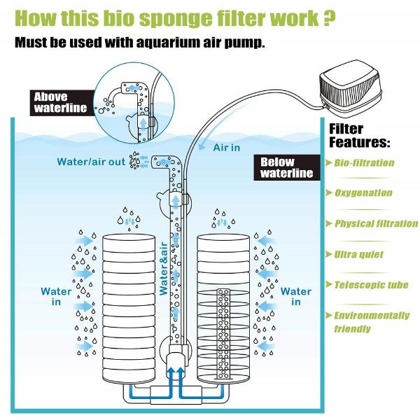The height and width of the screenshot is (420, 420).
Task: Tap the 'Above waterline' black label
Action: (x=61, y=102)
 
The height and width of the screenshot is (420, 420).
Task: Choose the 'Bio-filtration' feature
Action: (x=363, y=163)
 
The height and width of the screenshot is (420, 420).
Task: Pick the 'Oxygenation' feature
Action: (x=363, y=193)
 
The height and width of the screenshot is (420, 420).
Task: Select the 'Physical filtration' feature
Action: (x=375, y=224)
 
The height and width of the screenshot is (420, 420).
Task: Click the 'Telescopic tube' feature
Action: (x=369, y=285)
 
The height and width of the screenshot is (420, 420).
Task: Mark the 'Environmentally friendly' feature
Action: (x=371, y=322)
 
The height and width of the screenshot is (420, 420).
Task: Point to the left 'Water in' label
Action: (x=55, y=296)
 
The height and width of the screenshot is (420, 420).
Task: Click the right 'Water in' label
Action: (x=296, y=296)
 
